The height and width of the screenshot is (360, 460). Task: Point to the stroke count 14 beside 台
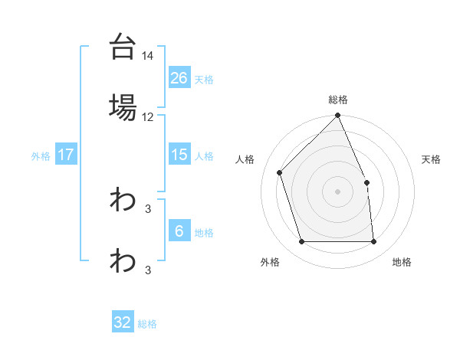148,56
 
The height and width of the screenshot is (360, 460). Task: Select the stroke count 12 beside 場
148,117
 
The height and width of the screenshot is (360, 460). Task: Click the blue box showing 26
179,77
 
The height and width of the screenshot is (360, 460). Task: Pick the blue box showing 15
179,154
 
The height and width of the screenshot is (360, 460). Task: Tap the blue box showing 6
179,231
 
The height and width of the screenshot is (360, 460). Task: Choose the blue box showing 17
66,154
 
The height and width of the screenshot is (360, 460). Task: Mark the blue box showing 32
123,322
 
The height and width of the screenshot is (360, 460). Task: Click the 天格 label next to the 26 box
204,79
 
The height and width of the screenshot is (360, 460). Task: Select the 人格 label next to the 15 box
204,155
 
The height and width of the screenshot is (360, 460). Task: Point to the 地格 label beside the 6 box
204,233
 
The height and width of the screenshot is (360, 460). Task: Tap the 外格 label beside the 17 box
41,155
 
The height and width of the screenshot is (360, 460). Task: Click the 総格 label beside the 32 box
147,324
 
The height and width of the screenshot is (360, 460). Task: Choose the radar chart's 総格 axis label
338,100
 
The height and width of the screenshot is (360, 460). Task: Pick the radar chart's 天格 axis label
432,159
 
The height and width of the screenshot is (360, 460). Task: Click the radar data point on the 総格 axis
338,116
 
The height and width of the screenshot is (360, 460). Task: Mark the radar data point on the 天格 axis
366,182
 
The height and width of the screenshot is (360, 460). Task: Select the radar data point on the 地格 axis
374,242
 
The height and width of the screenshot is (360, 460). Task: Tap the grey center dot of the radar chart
338,191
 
